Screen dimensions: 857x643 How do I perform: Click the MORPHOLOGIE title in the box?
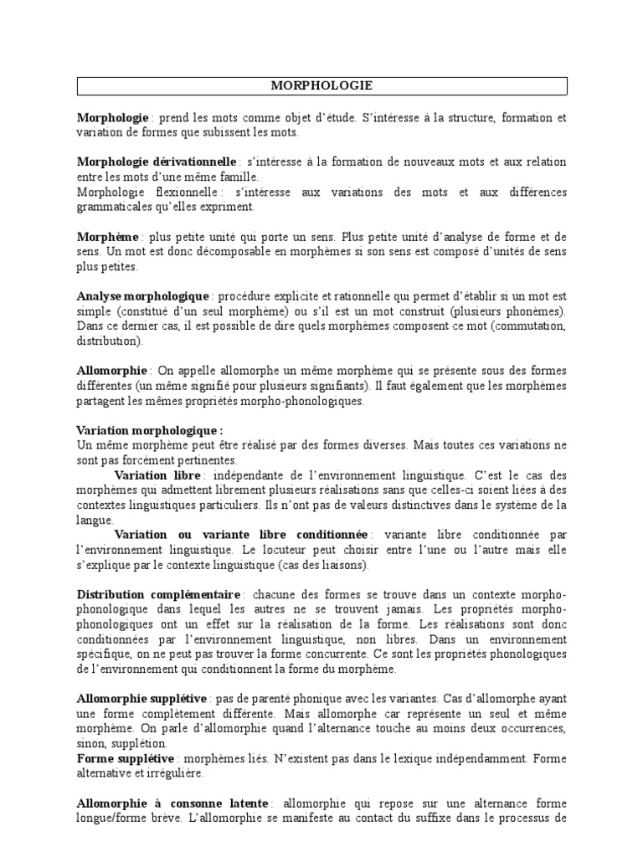322,85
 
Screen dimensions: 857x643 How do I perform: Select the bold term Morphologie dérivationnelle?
157,162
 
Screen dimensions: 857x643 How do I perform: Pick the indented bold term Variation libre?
157,475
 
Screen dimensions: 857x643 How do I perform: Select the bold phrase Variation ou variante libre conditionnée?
241,534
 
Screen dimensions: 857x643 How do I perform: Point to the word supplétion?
146,743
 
